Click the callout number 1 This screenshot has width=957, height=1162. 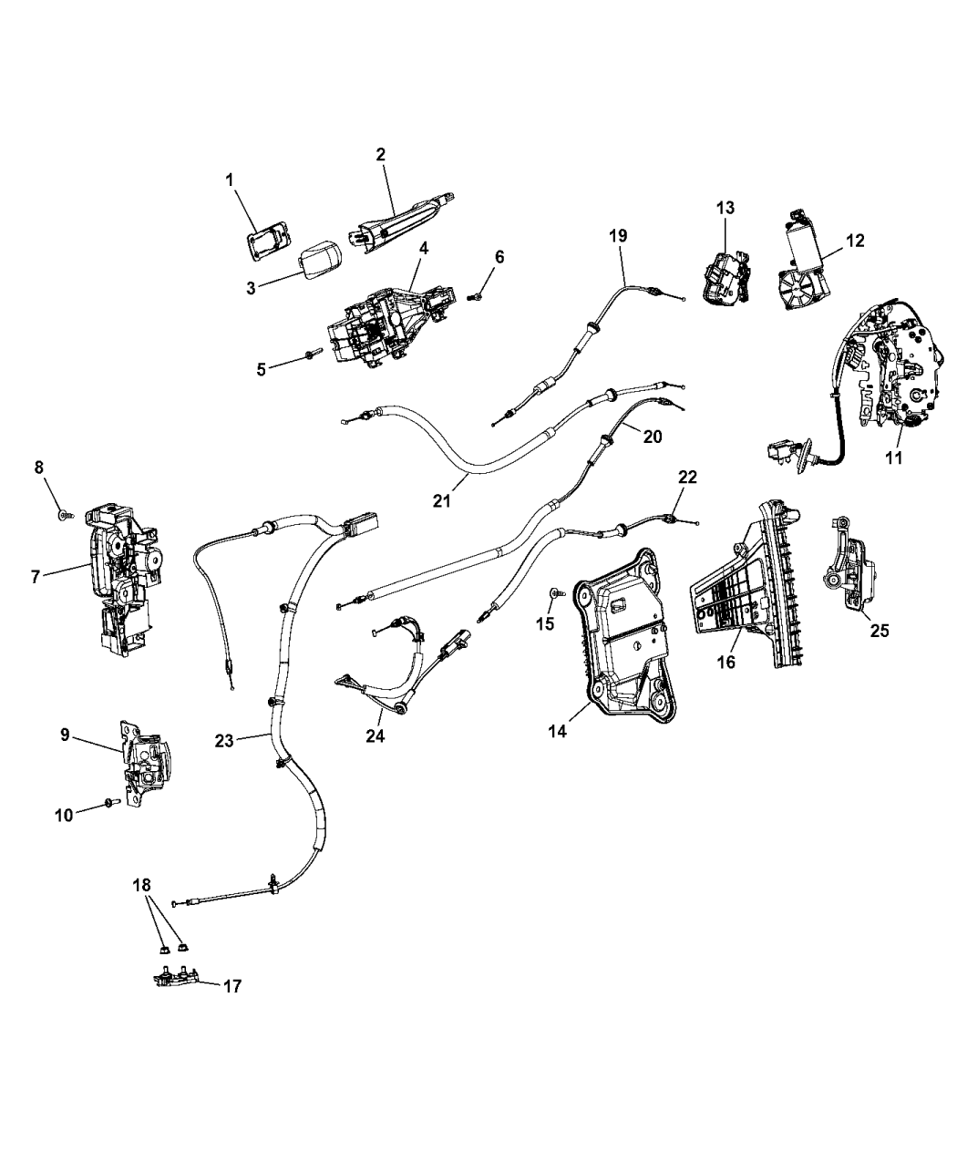(231, 180)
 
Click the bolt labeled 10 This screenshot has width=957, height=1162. (108, 802)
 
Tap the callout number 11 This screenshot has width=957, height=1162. (894, 458)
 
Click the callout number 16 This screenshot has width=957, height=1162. (725, 662)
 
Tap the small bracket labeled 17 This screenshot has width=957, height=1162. (178, 977)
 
